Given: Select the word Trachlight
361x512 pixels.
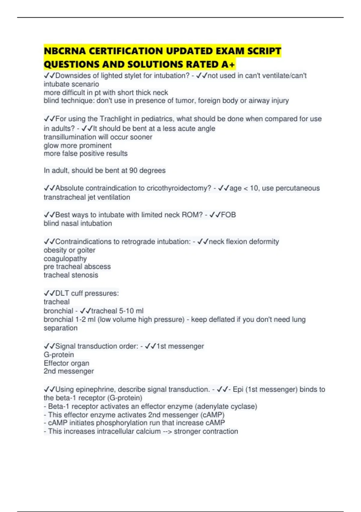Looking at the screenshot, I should [116, 119].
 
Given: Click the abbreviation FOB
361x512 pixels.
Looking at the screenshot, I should [228, 215].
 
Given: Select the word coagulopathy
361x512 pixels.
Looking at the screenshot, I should [65, 259].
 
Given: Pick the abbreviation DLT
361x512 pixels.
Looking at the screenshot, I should [62, 293].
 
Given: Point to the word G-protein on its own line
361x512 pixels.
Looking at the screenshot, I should [59, 355].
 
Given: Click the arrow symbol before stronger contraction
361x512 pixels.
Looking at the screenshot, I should [167, 432].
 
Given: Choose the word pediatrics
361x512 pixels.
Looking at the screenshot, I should [156, 119].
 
